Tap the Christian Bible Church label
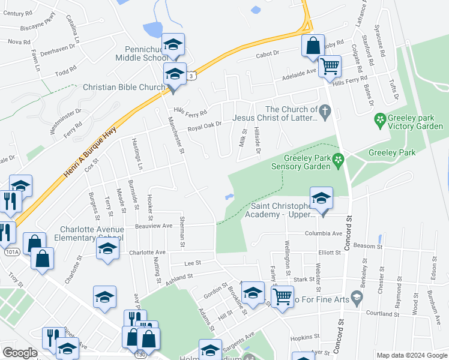[124, 88]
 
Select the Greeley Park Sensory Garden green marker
[338, 159]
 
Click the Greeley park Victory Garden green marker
[379, 120]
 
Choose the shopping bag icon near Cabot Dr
[313, 45]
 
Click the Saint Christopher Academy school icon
[321, 198]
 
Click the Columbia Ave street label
[323, 233]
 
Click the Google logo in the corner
[20, 353]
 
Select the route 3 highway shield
[190, 76]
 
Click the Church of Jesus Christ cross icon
[325, 110]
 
